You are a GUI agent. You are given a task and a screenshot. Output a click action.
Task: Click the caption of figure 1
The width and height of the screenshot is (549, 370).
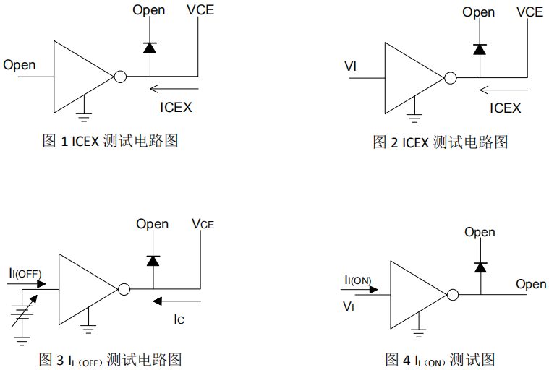pyautogui.click(x=110, y=141)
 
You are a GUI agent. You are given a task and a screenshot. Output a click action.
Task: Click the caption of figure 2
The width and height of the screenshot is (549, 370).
pyautogui.click(x=440, y=142)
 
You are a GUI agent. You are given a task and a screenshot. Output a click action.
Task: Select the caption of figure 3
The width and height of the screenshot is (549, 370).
pyautogui.click(x=109, y=359)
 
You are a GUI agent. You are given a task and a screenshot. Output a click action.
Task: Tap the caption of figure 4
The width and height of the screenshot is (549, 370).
pyautogui.click(x=440, y=359)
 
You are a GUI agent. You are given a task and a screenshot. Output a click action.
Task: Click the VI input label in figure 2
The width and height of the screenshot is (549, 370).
pyautogui.click(x=351, y=67)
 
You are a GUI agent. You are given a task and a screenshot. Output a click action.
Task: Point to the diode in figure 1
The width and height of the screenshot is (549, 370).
pyautogui.click(x=150, y=48)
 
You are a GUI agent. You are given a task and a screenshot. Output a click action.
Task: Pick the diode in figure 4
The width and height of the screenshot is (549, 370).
pyautogui.click(x=480, y=267)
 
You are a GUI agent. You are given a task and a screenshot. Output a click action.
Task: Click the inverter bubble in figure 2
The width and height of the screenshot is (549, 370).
pyautogui.click(x=451, y=77)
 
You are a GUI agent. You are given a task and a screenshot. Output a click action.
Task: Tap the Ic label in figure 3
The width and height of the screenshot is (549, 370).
pyautogui.click(x=179, y=319)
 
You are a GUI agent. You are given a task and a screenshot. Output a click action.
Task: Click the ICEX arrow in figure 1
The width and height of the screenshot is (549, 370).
pyautogui.click(x=171, y=90)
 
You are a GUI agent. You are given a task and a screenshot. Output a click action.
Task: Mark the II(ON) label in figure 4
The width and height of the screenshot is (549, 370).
pyautogui.click(x=358, y=280)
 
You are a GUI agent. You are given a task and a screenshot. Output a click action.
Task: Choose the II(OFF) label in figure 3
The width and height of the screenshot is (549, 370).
pyautogui.click(x=25, y=273)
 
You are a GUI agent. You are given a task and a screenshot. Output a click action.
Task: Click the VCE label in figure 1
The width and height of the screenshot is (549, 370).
pyautogui.click(x=200, y=11)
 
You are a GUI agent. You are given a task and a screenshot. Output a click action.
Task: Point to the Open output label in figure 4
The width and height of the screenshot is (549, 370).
pyautogui.click(x=531, y=284)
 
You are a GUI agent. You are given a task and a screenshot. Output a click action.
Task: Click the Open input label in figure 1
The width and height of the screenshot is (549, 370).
pyautogui.click(x=20, y=65)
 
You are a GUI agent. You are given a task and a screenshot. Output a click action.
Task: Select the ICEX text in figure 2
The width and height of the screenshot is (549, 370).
pyautogui.click(x=505, y=108)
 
